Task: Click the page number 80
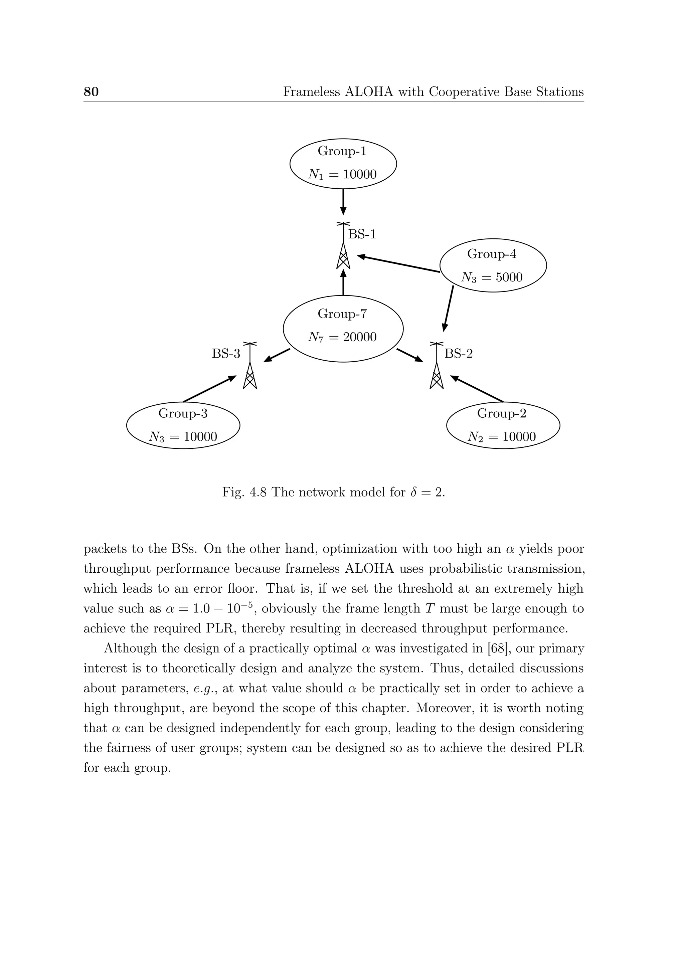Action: (91, 92)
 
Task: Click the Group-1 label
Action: (342, 151)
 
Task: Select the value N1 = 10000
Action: (342, 174)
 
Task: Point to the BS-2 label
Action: (459, 354)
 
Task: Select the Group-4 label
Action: (492, 254)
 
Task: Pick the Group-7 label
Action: (342, 314)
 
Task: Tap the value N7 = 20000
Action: (342, 337)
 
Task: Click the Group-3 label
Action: (183, 414)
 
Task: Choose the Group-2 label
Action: (502, 414)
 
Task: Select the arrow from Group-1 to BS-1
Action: (343, 202)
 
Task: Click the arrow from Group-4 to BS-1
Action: (398, 264)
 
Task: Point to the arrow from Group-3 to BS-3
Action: (209, 389)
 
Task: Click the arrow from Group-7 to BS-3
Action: (277, 355)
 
